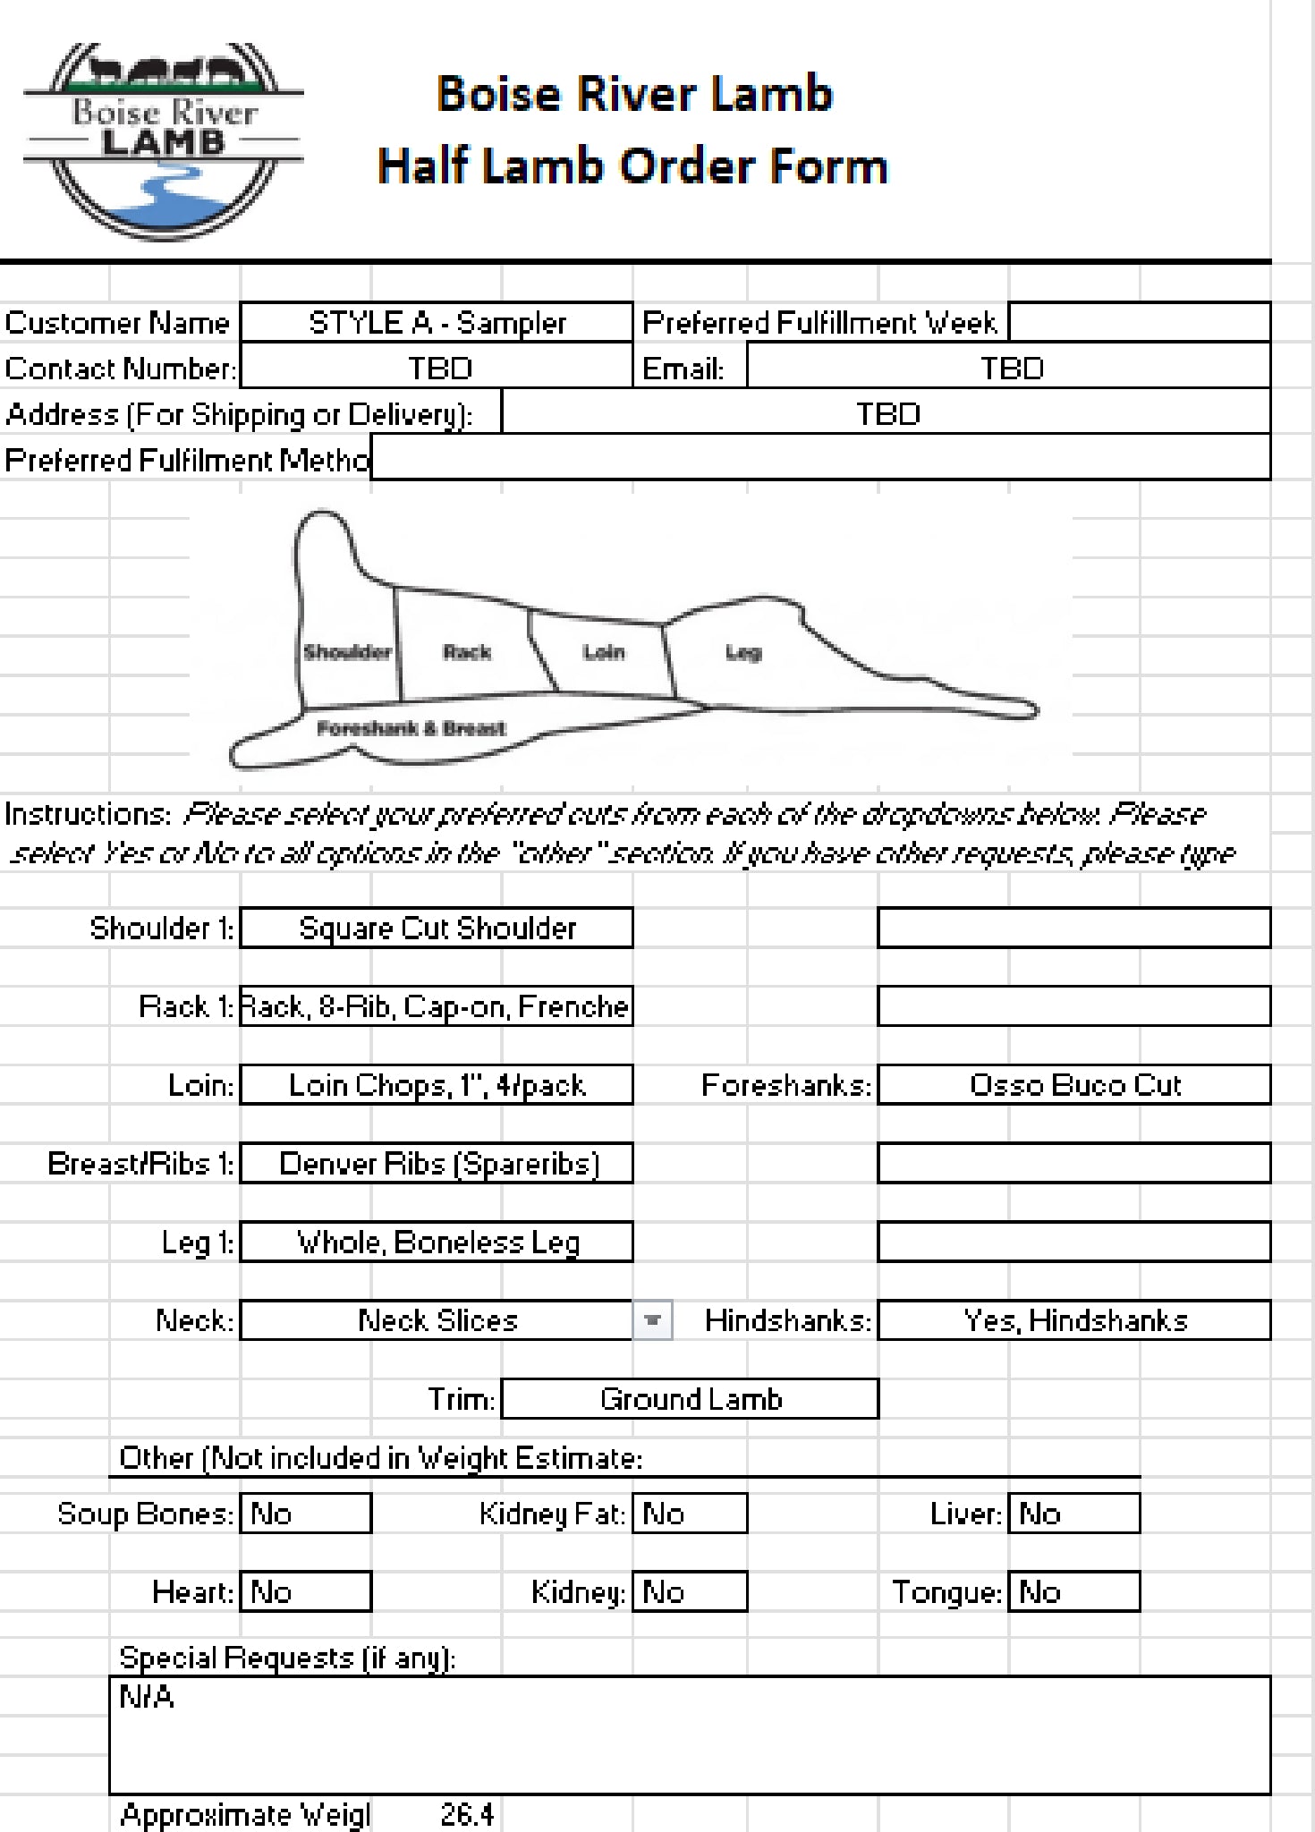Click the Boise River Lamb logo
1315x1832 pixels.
pyautogui.click(x=164, y=140)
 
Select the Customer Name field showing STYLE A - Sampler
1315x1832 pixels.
pyautogui.click(x=437, y=323)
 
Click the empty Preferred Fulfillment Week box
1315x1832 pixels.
pyautogui.click(x=1139, y=322)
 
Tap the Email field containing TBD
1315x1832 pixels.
pyautogui.click(x=1008, y=369)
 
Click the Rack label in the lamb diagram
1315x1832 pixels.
pyautogui.click(x=467, y=652)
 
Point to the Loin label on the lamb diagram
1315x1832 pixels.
pyautogui.click(x=604, y=652)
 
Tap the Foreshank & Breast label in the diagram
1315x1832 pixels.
pyautogui.click(x=411, y=728)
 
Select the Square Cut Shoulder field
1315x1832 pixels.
pyautogui.click(x=437, y=928)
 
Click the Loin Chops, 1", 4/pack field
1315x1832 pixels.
pyautogui.click(x=437, y=1085)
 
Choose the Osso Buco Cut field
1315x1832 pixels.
pyautogui.click(x=1073, y=1085)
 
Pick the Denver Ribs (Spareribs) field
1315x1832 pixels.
pyautogui.click(x=437, y=1163)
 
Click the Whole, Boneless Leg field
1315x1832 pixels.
pyautogui.click(x=437, y=1242)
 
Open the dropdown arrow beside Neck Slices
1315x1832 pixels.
pyautogui.click(x=653, y=1320)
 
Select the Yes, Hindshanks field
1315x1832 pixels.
pyautogui.click(x=1073, y=1320)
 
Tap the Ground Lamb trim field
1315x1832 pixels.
pyautogui.click(x=690, y=1399)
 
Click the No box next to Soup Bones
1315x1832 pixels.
pyautogui.click(x=305, y=1514)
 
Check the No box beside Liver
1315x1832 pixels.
pyautogui.click(x=1073, y=1514)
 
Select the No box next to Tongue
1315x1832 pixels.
pyautogui.click(x=1073, y=1592)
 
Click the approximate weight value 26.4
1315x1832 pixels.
pyautogui.click(x=467, y=1814)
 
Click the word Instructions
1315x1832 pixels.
pyautogui.click(x=87, y=814)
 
